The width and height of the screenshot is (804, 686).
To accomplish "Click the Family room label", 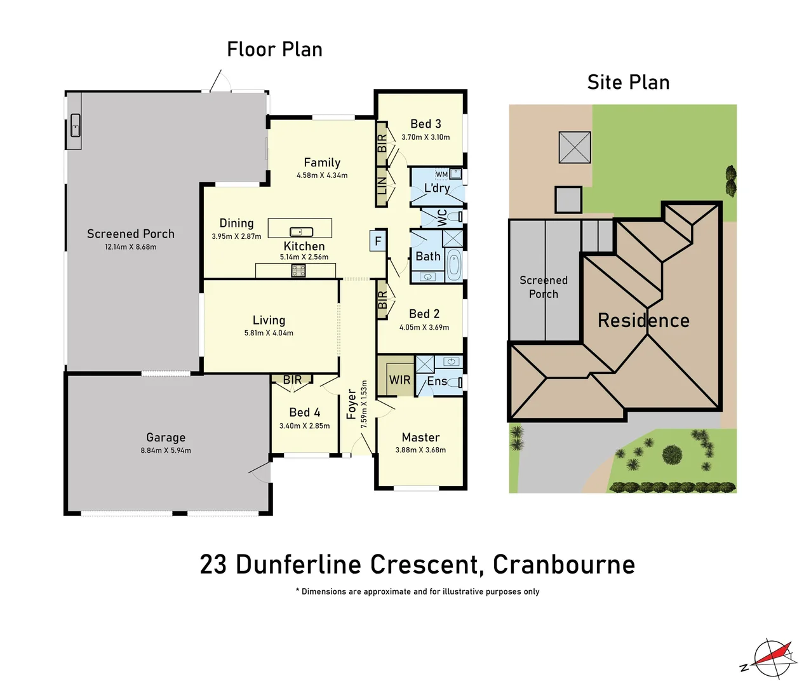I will (322, 163).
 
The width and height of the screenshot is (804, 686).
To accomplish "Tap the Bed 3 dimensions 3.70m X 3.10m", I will (425, 137).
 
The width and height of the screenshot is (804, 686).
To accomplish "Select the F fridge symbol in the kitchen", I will (378, 241).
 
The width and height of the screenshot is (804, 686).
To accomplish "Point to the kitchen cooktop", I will (298, 271).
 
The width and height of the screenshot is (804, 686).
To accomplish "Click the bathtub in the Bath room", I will (453, 265).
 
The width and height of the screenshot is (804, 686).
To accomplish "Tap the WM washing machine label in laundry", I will (441, 174).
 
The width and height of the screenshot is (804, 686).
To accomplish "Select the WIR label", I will (399, 380).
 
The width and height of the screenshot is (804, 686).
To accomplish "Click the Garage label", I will (166, 437).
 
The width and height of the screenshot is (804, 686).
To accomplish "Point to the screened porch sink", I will (75, 126).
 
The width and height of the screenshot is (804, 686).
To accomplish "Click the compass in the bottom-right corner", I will (772, 659).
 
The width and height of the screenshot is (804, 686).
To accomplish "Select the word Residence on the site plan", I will (643, 320).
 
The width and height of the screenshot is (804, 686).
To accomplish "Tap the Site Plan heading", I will (628, 82).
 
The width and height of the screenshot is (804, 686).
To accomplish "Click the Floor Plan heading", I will (274, 49).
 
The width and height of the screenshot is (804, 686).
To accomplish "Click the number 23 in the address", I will (213, 564).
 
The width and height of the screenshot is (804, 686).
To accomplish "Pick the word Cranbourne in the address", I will (563, 564).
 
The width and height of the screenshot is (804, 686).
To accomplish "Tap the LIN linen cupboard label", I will (382, 186).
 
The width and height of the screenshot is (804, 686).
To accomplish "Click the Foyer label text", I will (351, 405).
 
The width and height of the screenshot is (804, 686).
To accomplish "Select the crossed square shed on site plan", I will (575, 147).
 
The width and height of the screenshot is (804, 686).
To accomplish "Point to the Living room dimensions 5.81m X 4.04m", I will (269, 333).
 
